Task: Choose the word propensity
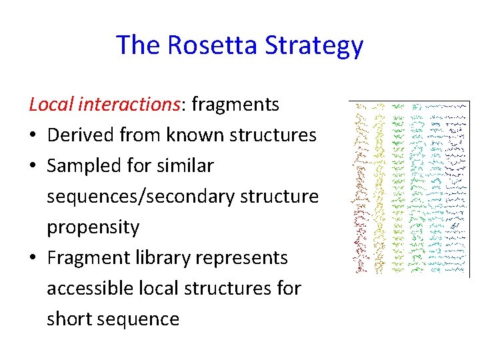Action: (x=93, y=227)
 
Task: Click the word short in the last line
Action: (x=69, y=319)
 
